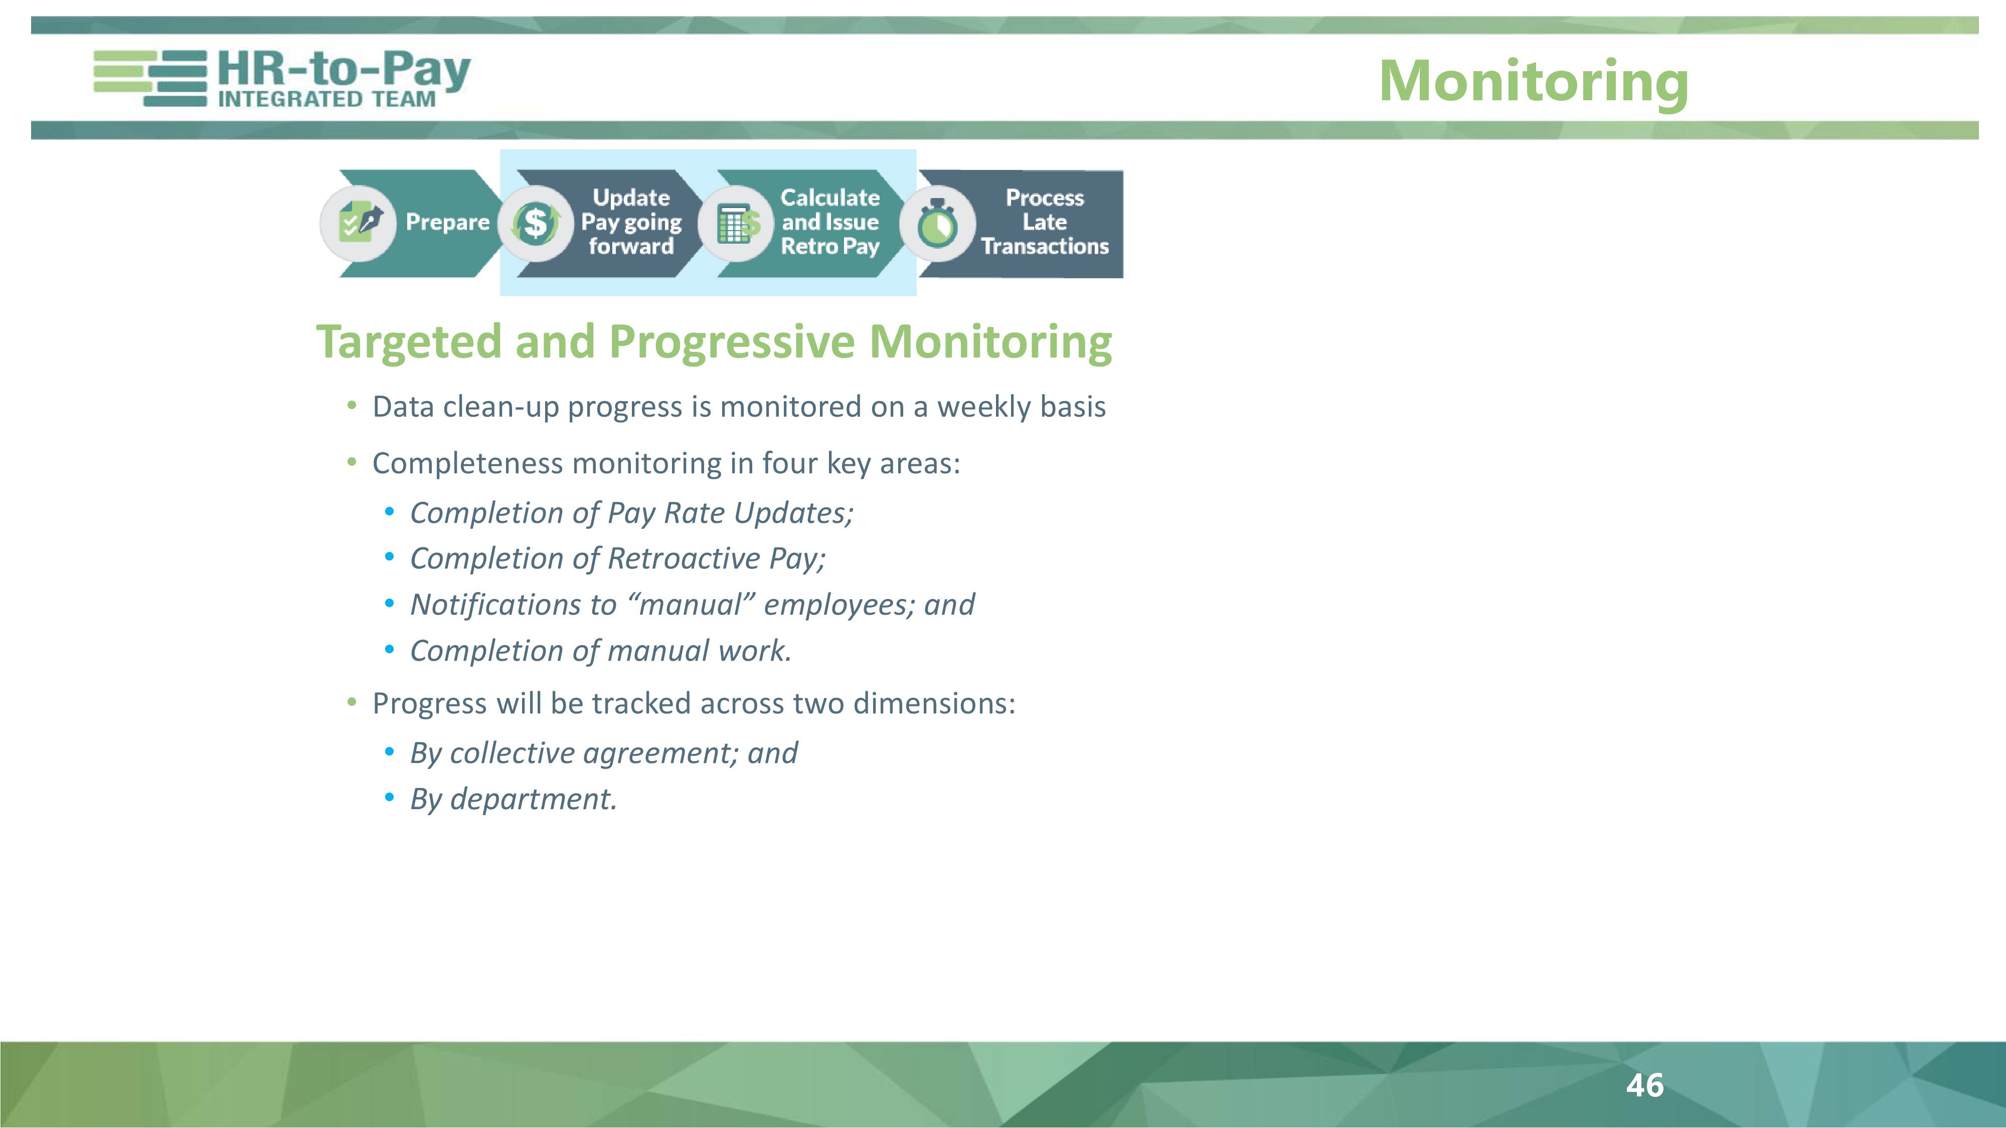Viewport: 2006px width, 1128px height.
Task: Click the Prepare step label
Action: [447, 222]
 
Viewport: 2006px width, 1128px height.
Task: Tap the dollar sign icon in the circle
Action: [536, 224]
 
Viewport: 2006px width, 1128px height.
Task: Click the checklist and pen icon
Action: [359, 224]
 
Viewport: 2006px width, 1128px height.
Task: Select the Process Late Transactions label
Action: [1044, 223]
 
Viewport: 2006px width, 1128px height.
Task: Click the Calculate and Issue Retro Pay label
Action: [830, 223]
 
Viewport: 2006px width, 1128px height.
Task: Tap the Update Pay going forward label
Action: [631, 223]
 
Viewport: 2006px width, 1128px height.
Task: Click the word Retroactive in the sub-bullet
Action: [684, 558]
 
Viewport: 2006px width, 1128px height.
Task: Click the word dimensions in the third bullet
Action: [934, 703]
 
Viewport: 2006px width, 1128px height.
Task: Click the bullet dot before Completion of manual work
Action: [389, 649]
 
